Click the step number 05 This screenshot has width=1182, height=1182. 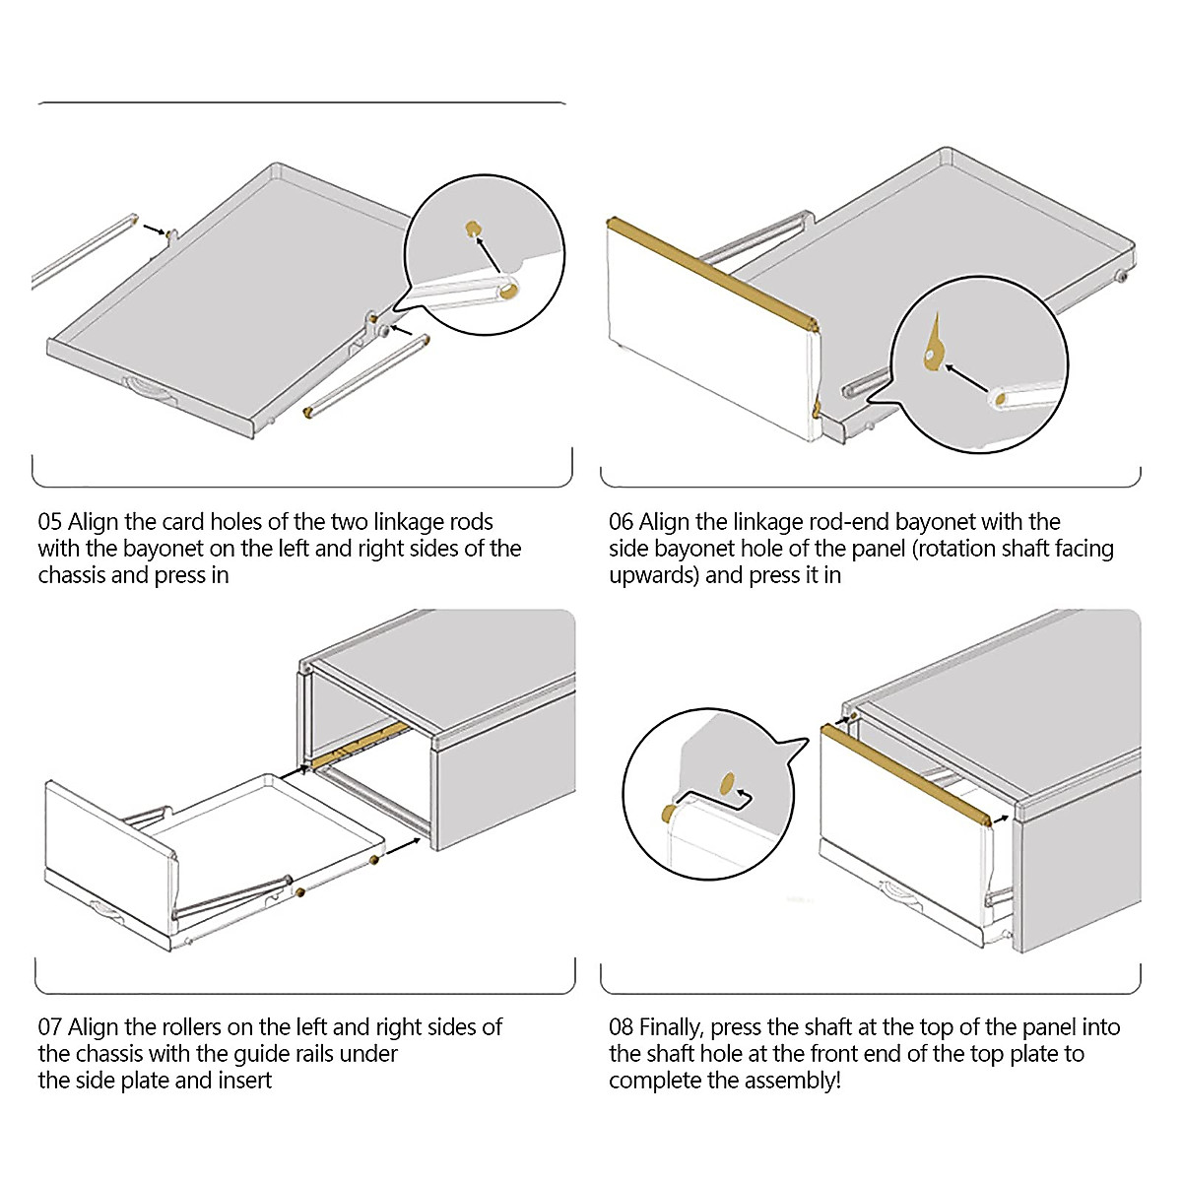click(x=50, y=522)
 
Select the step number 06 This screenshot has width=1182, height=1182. click(x=621, y=522)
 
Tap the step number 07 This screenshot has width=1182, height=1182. click(x=50, y=1027)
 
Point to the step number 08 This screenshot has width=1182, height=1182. click(x=622, y=1027)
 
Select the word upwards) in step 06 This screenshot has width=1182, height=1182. click(x=654, y=575)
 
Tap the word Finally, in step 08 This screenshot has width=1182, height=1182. click(x=672, y=1027)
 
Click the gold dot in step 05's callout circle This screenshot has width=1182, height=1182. click(x=474, y=229)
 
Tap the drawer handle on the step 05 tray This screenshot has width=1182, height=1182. click(x=145, y=388)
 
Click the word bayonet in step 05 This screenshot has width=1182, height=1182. click(x=164, y=549)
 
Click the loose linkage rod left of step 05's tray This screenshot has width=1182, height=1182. click(x=84, y=251)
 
